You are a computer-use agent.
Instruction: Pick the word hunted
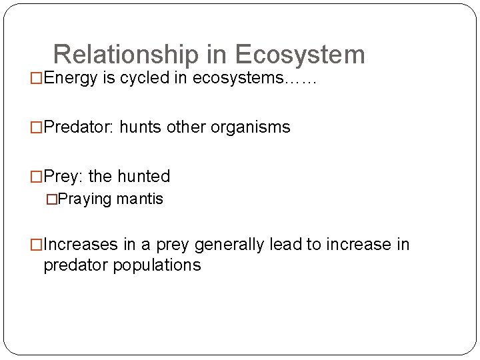tap(143, 176)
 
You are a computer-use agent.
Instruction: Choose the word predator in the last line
tap(75, 265)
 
